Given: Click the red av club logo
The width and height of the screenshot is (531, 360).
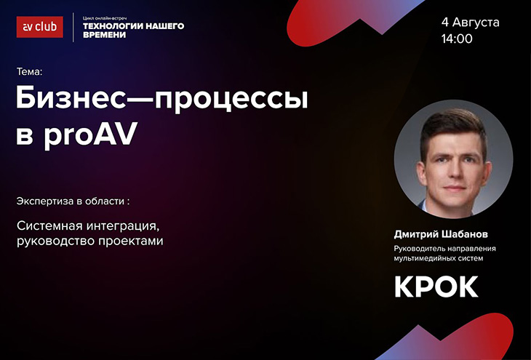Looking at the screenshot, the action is tap(39, 27).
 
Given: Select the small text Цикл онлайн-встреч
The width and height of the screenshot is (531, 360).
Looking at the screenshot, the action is tap(105, 18).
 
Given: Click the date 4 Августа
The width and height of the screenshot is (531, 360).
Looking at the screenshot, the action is tap(470, 23).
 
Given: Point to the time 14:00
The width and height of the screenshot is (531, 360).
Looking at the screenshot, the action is tap(457, 39).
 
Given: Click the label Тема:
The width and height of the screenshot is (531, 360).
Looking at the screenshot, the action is tap(29, 72).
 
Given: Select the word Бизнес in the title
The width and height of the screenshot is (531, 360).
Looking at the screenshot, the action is tap(71, 98).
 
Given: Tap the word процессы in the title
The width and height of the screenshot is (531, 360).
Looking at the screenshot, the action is tap(232, 100).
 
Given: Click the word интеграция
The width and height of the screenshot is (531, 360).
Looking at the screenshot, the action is tap(123, 226).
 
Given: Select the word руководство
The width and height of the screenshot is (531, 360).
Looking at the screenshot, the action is tap(56, 241).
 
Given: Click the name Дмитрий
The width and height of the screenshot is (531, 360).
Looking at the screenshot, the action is tap(417, 234).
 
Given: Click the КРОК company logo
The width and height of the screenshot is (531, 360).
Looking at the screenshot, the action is tap(436, 287).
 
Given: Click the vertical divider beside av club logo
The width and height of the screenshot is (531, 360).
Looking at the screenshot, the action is tap(73, 27).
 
